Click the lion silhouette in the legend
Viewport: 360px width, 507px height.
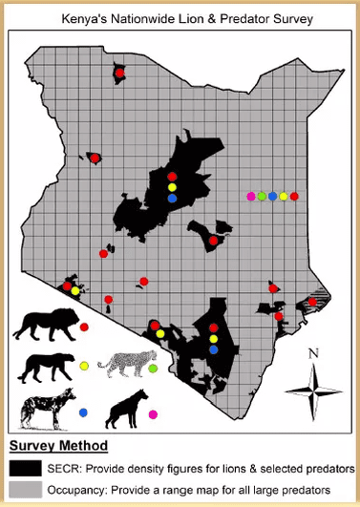41,327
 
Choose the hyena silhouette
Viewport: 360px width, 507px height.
125,411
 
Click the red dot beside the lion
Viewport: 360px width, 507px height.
84,327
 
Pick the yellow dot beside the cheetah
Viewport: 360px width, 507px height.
84,366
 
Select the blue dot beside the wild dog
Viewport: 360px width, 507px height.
83,412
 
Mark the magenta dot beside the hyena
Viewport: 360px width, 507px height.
153,413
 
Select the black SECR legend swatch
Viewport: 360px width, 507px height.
25,469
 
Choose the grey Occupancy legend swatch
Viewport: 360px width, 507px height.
25,489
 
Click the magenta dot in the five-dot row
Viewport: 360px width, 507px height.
251,196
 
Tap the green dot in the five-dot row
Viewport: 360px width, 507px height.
262,196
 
